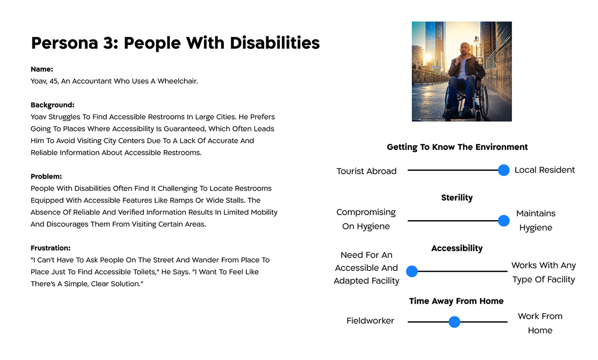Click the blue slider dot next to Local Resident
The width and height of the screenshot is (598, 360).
coord(503,170)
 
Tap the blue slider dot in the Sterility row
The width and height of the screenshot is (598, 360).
coord(503,221)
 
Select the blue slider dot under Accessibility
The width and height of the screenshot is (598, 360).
coord(412,271)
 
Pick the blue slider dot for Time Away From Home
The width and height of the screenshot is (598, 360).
coord(454,322)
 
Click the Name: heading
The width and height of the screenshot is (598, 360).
coord(42,69)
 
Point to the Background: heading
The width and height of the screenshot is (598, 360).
coord(53,105)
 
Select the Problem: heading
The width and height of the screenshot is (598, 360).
coord(46,177)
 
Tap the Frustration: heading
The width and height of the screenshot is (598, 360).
coord(50,248)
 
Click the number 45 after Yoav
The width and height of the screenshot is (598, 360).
coord(54,81)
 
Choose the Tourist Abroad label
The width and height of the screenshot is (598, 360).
coord(366,171)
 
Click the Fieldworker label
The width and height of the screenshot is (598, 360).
coord(370,321)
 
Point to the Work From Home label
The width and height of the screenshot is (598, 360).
coord(540,323)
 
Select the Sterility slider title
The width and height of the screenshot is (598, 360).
coord(457,198)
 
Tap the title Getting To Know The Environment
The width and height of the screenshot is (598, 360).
coord(457,147)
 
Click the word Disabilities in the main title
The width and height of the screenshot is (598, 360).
coord(275,43)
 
